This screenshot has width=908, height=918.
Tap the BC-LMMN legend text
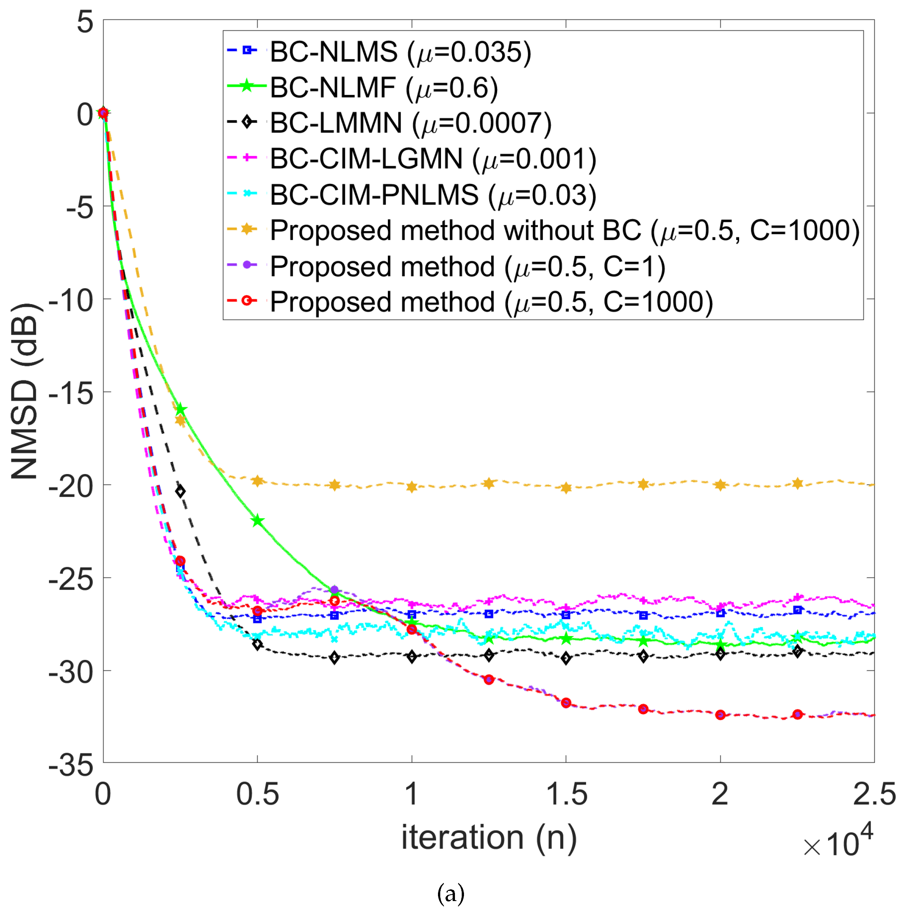(x=410, y=123)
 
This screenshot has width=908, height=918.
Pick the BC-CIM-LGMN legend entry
(x=432, y=159)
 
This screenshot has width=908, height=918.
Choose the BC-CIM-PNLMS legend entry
(x=432, y=195)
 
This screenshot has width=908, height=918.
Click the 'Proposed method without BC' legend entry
(x=565, y=231)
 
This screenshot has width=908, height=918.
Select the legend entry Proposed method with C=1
(x=467, y=266)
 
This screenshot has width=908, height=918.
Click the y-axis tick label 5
(x=86, y=22)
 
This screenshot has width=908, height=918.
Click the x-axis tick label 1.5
(x=565, y=794)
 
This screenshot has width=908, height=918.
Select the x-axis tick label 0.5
(x=257, y=794)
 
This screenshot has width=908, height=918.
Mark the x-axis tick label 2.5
(x=873, y=794)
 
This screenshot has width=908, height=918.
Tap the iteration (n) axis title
(x=488, y=837)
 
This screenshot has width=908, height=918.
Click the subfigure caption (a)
(x=450, y=894)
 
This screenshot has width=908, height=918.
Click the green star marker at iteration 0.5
(x=257, y=520)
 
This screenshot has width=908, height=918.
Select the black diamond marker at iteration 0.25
(x=180, y=491)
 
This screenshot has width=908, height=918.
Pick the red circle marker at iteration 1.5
(x=565, y=703)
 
